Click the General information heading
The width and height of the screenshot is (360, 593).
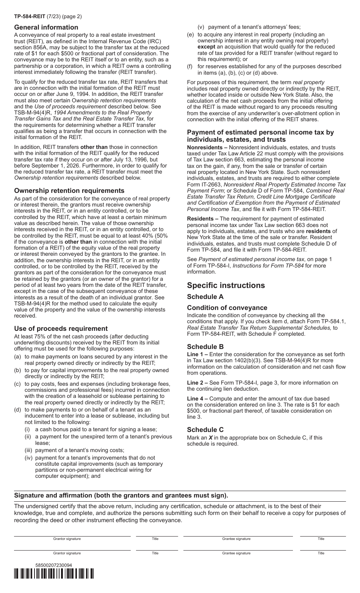pos(46,27)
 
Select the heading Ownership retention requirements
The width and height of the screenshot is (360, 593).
pos(69,191)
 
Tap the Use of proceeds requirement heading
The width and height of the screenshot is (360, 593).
pos(61,329)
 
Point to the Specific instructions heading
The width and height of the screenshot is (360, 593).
pos(226,285)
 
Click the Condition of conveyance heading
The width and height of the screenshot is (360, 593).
pos(227,308)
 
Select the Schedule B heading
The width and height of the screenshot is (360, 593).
pos(205,347)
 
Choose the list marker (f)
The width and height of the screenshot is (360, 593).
pos(190,66)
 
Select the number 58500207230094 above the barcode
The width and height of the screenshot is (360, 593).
pos(53,565)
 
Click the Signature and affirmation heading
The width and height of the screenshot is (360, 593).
pos(121,496)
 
